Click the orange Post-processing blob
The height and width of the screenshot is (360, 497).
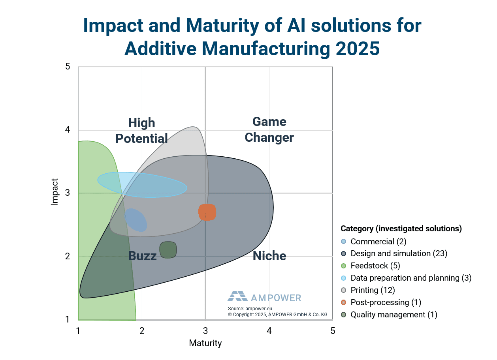(x=207, y=212)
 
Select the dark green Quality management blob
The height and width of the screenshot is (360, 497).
(x=168, y=250)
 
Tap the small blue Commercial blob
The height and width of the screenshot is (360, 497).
(x=136, y=220)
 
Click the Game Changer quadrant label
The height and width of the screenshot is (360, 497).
(x=269, y=129)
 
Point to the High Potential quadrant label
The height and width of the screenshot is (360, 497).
(x=141, y=131)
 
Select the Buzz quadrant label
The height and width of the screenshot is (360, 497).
(x=142, y=256)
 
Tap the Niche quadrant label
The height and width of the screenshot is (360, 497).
(x=269, y=256)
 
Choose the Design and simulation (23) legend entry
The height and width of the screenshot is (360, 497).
(x=399, y=253)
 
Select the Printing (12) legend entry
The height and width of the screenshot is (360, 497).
(x=373, y=290)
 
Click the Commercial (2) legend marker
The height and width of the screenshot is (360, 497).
(x=344, y=242)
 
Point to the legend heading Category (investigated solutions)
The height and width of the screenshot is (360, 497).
(x=401, y=229)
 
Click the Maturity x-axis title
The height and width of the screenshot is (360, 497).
(x=205, y=343)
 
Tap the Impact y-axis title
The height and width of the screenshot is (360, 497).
(x=55, y=192)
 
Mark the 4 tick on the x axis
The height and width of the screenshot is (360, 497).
(x=269, y=331)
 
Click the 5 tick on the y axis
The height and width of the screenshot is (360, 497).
(x=68, y=66)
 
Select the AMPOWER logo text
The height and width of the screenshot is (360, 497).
(x=276, y=298)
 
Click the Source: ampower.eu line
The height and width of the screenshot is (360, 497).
(x=250, y=309)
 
